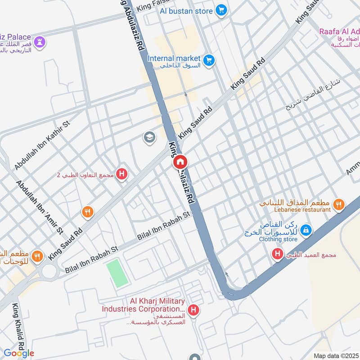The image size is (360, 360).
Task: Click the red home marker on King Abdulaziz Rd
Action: pyautogui.click(x=180, y=162)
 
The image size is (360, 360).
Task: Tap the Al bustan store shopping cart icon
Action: pyautogui.click(x=220, y=10)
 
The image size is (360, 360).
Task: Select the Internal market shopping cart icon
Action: pyautogui.click(x=208, y=60)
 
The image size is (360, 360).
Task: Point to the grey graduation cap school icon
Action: pyautogui.click(x=149, y=137)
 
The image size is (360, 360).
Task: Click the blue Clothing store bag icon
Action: pyautogui.click(x=306, y=230)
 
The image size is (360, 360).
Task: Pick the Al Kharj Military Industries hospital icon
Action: pyautogui.click(x=193, y=310)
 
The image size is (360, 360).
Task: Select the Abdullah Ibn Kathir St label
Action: pyautogui.click(x=40, y=144)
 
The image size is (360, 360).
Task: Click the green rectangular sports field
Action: pyautogui.click(x=117, y=273)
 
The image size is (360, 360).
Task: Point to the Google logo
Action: pyautogui.click(x=18, y=353)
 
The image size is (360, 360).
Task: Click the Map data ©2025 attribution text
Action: pyautogui.click(x=336, y=356)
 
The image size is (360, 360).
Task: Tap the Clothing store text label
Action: pyautogui.click(x=278, y=239)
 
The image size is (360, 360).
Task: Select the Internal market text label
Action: pyautogui.click(x=173, y=58)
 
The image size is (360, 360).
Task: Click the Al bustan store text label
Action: pyautogui.click(x=185, y=10)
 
